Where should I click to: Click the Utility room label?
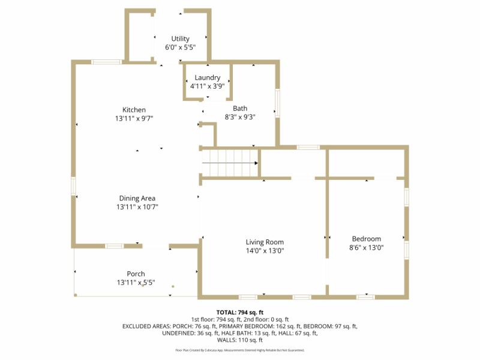pyautogui.click(x=180, y=38)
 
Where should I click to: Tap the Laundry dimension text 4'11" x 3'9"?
pyautogui.click(x=207, y=86)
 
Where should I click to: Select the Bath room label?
pyautogui.click(x=240, y=109)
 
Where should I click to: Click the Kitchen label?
pyautogui.click(x=134, y=110)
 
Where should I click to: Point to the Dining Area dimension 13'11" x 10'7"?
pyautogui.click(x=137, y=207)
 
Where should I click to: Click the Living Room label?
pyautogui.click(x=265, y=242)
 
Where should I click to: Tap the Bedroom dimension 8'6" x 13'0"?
pyautogui.click(x=366, y=247)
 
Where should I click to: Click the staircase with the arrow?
pyautogui.click(x=229, y=163)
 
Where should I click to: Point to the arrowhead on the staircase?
pyautogui.click(x=256, y=163)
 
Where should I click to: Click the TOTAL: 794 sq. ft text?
pyautogui.click(x=240, y=313)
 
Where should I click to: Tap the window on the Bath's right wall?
pyautogui.click(x=277, y=103)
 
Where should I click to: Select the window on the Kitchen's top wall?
pyautogui.click(x=106, y=61)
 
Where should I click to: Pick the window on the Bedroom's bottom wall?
pyautogui.click(x=365, y=296)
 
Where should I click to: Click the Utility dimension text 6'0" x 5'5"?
pyautogui.click(x=180, y=47)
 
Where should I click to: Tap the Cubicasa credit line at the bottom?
pyautogui.click(x=240, y=350)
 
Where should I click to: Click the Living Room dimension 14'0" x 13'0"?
pyautogui.click(x=265, y=251)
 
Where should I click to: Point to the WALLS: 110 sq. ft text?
pyautogui.click(x=240, y=340)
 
